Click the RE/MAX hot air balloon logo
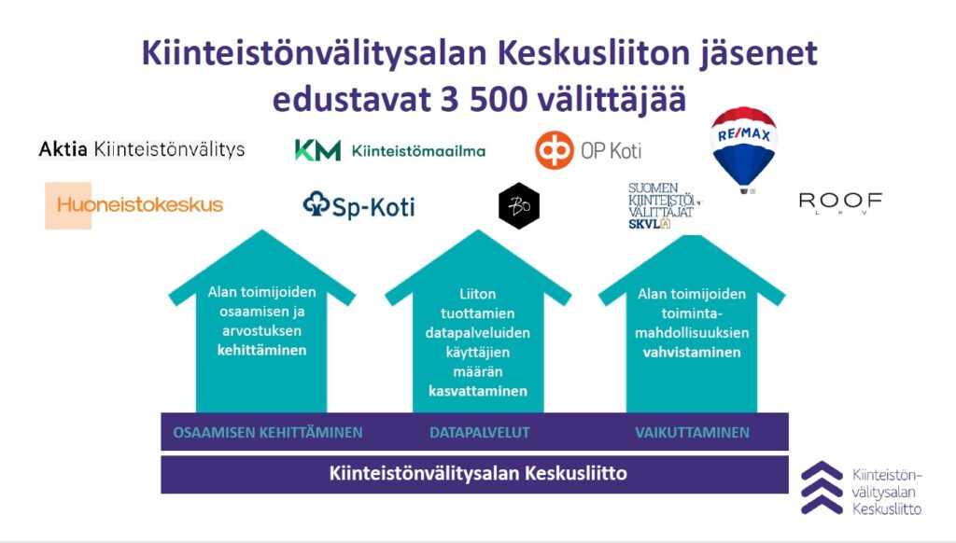(744, 149)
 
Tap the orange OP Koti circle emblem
(555, 150)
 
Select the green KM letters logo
(317, 150)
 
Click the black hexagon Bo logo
(519, 206)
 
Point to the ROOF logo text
(840, 202)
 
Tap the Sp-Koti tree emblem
(316, 204)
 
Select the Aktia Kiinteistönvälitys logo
(142, 149)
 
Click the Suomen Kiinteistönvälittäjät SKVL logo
(664, 206)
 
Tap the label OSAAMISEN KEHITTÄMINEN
(268, 433)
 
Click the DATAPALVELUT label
(479, 433)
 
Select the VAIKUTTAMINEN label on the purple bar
(692, 433)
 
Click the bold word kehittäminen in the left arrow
(261, 351)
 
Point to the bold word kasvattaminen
(478, 391)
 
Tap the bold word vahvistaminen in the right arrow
(692, 353)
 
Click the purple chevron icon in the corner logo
(822, 488)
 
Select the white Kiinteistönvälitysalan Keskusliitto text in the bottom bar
(478, 474)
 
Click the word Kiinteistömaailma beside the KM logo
(418, 150)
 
